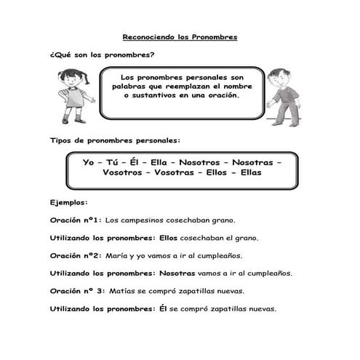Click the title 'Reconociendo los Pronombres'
tap(180, 36)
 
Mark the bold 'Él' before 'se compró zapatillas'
tap(163, 308)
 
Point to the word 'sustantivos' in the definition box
tap(158, 95)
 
